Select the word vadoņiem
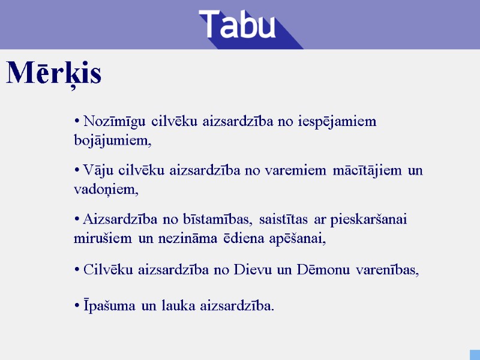click(106, 190)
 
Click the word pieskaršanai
click(366, 219)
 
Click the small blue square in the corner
click(474, 354)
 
